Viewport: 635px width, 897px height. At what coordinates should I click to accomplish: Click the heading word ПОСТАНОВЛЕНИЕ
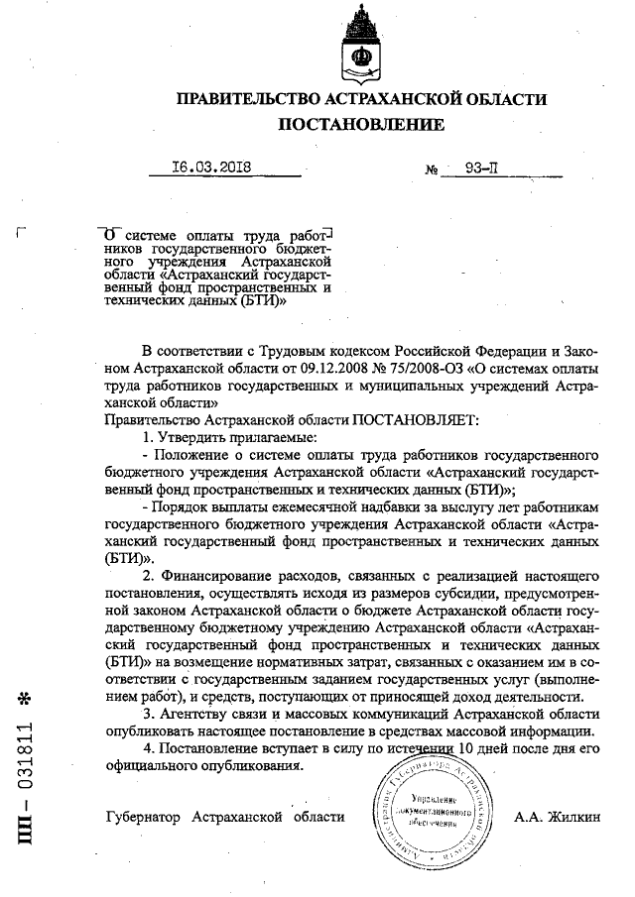point(360,124)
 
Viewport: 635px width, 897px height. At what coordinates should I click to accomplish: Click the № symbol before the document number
point(433,169)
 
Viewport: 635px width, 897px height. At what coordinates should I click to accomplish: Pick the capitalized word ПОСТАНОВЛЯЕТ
point(416,420)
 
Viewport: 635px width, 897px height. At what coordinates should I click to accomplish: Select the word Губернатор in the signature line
point(145,817)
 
